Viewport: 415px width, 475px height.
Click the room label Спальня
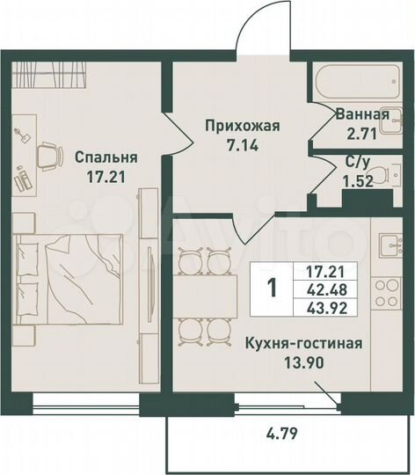106,157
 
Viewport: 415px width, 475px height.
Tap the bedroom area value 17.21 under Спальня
106,175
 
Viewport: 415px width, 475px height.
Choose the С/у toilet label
357,161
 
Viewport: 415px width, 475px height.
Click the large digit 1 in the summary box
272,288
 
